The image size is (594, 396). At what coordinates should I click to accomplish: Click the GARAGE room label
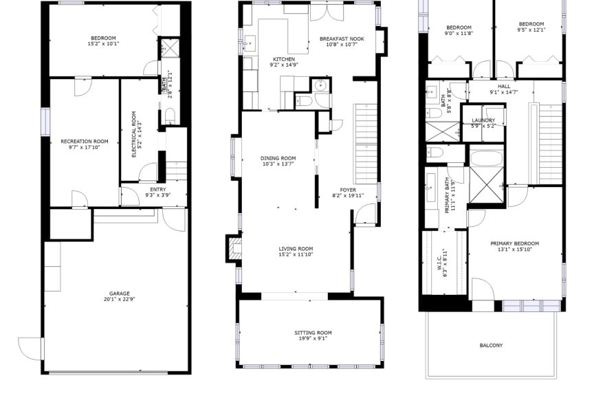pos(120,294)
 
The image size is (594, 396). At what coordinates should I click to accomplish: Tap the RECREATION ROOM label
pos(85,142)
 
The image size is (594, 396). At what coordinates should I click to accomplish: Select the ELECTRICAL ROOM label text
pos(134,134)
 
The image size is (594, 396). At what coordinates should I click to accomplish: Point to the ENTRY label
pos(158,190)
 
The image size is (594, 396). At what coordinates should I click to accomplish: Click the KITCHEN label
pos(284,59)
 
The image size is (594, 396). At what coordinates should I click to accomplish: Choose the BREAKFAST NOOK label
pos(342,38)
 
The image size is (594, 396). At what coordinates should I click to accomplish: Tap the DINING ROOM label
pos(278,158)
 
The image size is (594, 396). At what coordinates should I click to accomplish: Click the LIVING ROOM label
pos(296,249)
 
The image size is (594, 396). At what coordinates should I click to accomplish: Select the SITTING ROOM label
pos(313,333)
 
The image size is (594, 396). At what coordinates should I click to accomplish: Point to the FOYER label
pos(348,190)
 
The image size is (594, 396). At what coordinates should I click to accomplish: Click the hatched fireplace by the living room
pos(234,248)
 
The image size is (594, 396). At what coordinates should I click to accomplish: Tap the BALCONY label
pos(491,345)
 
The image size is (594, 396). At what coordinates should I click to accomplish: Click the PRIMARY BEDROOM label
pos(514,243)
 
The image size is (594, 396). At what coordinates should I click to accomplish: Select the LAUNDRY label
pos(483,120)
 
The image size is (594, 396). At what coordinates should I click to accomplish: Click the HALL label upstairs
pos(504,87)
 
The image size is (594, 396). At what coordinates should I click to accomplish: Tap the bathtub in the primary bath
pos(487,158)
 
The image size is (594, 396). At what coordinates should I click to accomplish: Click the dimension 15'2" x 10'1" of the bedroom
pos(103,43)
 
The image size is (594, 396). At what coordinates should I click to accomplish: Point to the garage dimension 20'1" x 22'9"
pos(120,299)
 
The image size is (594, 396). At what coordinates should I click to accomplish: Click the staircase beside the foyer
pos(366,144)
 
